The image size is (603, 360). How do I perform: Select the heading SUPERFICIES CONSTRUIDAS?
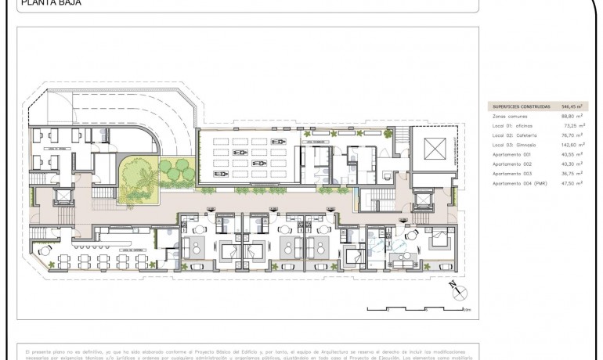click(x=521, y=106)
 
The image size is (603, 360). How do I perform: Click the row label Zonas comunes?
click(x=510, y=116)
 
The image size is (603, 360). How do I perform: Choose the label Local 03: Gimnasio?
click(x=516, y=145)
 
